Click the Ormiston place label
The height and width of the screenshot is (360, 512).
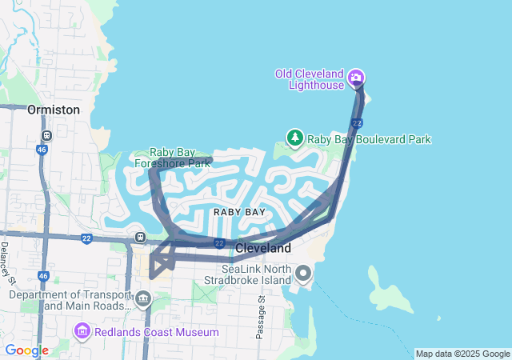[x=54, y=109]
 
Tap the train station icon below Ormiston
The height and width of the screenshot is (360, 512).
[x=47, y=136]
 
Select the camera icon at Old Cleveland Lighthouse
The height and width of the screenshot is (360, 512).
[x=356, y=78]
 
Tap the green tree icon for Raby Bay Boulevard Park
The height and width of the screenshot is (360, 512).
[x=295, y=138]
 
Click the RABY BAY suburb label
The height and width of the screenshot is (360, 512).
[x=239, y=212]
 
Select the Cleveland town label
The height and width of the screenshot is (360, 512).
[x=263, y=249]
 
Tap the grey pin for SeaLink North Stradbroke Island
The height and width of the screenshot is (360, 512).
[x=303, y=274]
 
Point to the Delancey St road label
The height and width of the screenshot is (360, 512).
[x=7, y=263]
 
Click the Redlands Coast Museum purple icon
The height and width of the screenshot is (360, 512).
[x=82, y=331]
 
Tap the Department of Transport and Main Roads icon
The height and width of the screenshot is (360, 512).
[x=143, y=300]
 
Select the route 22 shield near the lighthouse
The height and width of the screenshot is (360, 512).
[x=357, y=122]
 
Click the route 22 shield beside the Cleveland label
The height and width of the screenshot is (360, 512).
[x=218, y=242]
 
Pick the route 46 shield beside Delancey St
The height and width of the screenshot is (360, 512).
[x=42, y=276]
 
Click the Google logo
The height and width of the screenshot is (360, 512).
[x=26, y=350]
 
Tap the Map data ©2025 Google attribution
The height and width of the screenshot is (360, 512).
[x=462, y=354]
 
